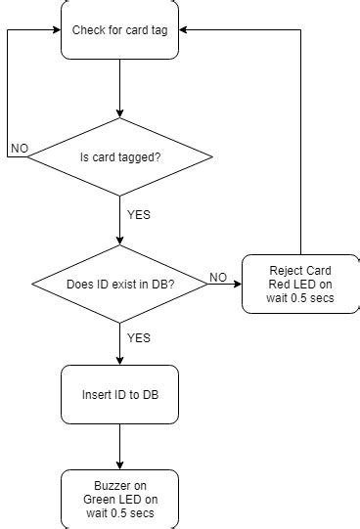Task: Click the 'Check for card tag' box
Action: tap(119, 29)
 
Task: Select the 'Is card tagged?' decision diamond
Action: tap(119, 156)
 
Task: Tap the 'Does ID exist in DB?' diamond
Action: tap(119, 284)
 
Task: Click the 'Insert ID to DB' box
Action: tap(119, 396)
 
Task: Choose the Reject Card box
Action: tap(299, 284)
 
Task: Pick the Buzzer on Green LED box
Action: tap(119, 499)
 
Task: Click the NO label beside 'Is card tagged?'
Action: tap(19, 149)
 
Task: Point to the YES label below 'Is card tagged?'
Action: tap(139, 214)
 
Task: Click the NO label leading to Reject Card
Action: tap(219, 277)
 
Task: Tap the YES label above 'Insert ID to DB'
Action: tap(139, 337)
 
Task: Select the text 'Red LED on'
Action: tap(299, 284)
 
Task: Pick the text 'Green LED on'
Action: tap(119, 499)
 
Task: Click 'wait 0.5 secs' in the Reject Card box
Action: tap(299, 297)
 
